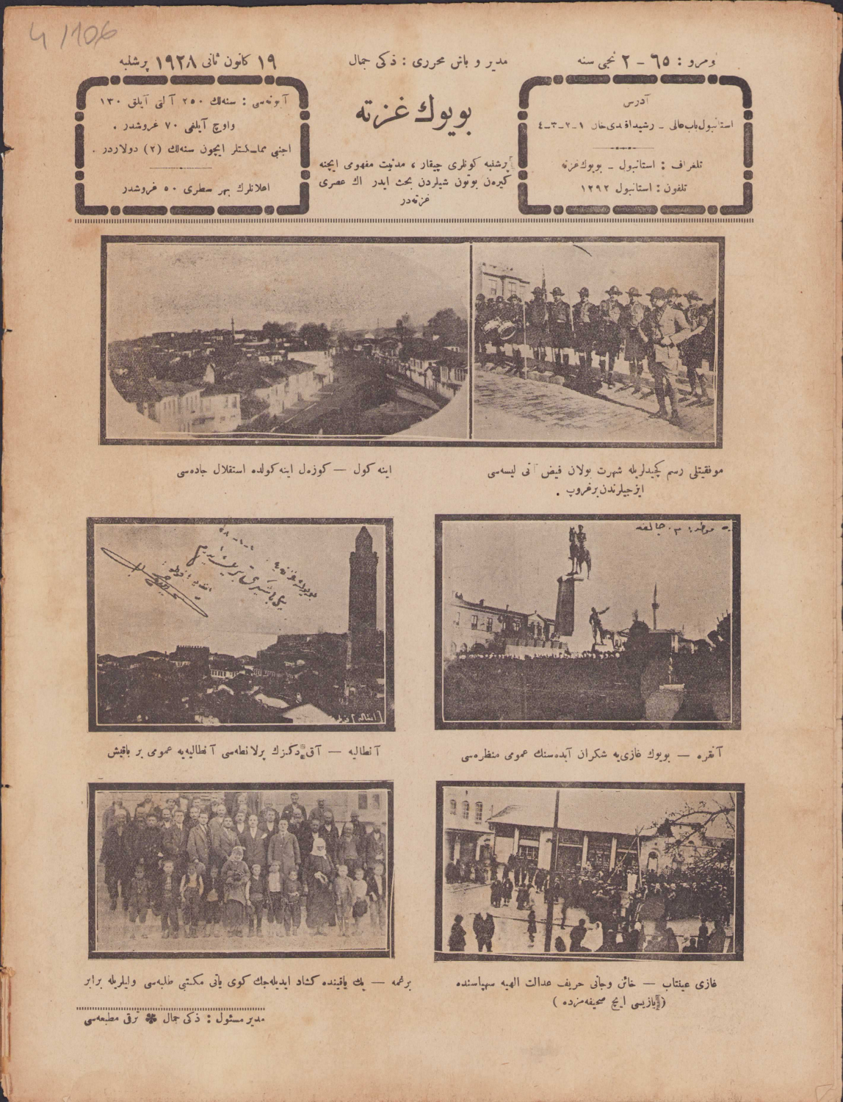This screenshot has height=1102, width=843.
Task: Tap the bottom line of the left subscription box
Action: pos(192,188)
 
